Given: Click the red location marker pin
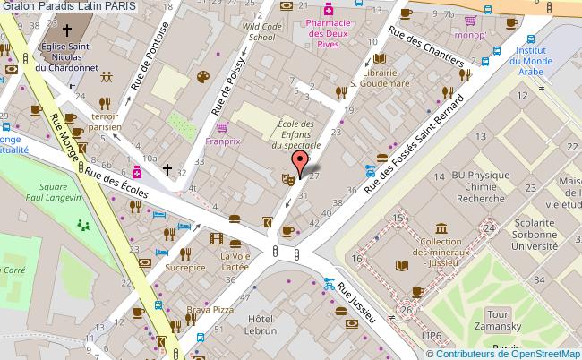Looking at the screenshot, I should click(300, 161).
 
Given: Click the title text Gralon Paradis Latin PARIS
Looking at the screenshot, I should click(70, 6).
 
